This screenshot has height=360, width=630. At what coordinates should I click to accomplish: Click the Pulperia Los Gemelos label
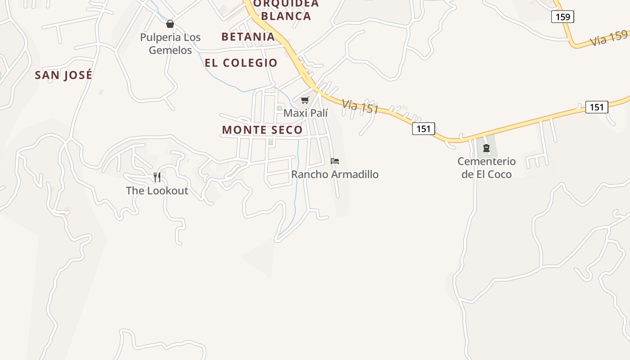[170, 44]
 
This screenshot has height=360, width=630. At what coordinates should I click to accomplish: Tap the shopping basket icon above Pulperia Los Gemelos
[170, 24]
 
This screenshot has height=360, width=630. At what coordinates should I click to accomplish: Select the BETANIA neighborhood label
[248, 37]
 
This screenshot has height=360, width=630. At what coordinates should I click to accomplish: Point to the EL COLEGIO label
[241, 63]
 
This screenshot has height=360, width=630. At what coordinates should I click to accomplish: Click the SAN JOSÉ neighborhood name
[63, 75]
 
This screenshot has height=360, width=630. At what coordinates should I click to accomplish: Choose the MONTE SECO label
[262, 130]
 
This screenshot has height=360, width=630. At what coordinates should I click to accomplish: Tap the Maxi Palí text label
[306, 113]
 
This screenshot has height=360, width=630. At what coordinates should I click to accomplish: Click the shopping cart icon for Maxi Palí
[305, 100]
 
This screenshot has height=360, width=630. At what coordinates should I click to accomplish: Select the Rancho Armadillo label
[335, 174]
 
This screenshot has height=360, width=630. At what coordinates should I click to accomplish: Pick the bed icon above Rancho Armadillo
[335, 161]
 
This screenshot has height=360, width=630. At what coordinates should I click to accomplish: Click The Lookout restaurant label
[157, 190]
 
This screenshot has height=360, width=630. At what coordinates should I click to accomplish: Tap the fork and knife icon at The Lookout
[157, 177]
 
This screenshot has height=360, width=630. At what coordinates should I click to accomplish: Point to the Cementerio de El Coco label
[486, 167]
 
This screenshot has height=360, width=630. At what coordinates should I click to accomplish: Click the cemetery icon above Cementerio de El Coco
[486, 148]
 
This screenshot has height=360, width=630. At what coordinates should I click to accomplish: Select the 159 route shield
[562, 17]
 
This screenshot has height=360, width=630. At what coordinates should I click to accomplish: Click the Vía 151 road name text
[360, 107]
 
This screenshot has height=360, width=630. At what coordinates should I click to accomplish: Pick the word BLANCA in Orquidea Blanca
[286, 16]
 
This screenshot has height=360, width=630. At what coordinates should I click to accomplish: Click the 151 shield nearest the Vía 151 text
[423, 129]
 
